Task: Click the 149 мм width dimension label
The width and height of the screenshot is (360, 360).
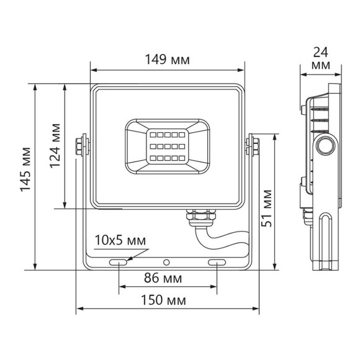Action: point(168,60)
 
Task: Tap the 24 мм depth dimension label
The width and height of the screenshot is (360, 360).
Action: point(321,57)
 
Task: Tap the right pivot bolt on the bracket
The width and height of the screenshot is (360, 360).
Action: point(253,145)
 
